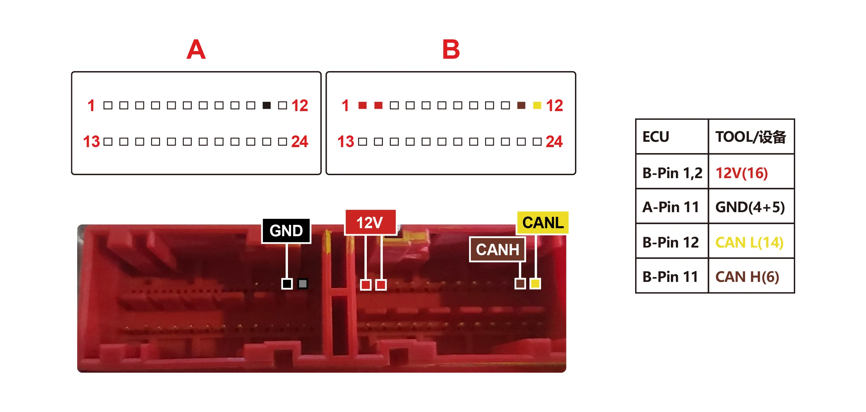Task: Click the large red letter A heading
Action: click(196, 49)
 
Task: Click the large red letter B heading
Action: click(451, 49)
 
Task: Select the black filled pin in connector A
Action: click(267, 105)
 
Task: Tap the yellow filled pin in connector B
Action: click(537, 105)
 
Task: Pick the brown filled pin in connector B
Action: click(522, 105)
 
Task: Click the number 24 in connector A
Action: click(300, 142)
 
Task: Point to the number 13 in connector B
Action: click(345, 142)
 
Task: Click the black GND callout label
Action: click(286, 231)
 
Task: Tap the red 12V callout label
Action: click(370, 222)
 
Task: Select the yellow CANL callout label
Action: click(543, 222)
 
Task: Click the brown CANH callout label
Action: click(497, 250)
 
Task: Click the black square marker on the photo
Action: click(287, 284)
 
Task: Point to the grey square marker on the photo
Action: click(303, 284)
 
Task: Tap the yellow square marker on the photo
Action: click(535, 284)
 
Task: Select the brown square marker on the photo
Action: click(520, 284)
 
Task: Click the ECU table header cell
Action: click(672, 137)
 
